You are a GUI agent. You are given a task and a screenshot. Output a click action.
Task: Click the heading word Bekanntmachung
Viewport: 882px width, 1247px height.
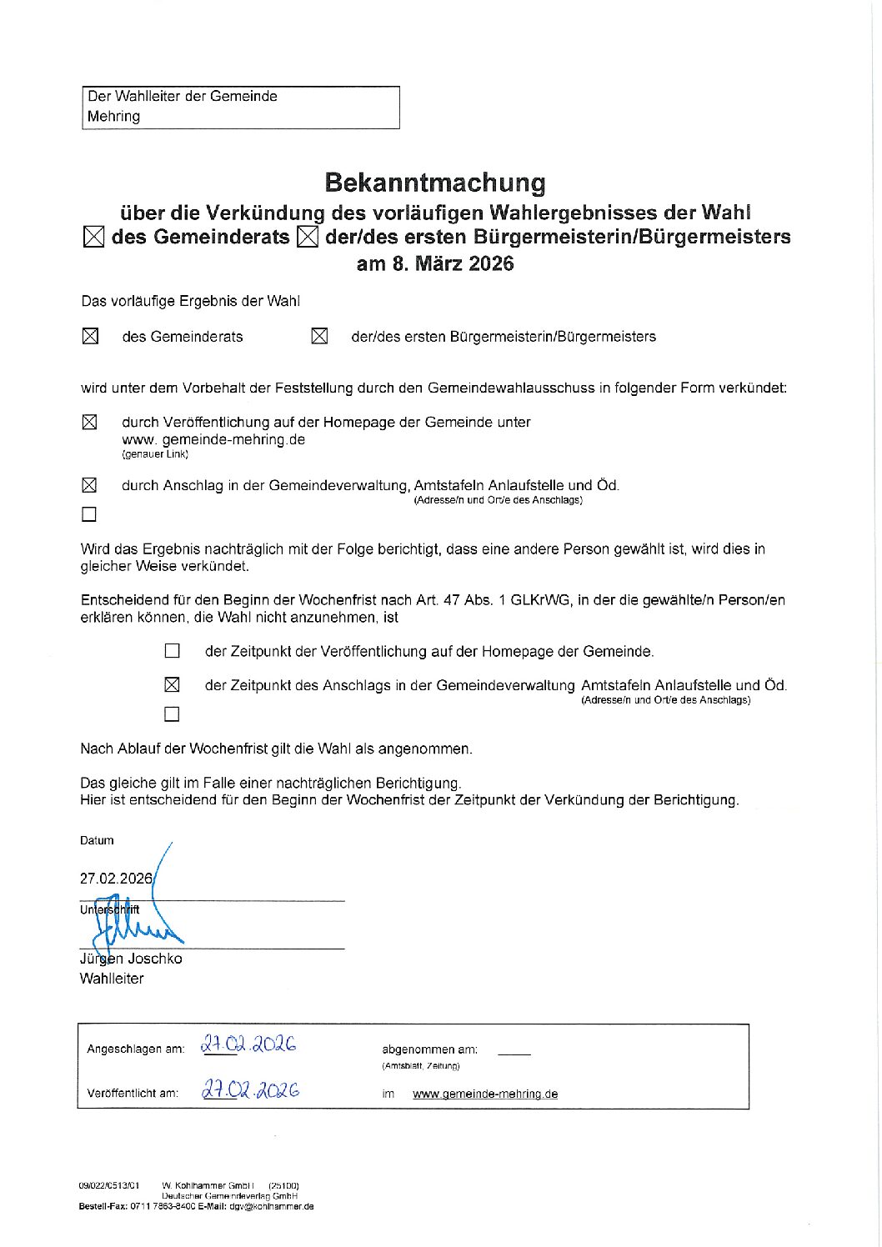pyautogui.click(x=434, y=183)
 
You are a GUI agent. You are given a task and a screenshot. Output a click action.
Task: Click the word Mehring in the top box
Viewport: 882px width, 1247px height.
pyautogui.click(x=113, y=117)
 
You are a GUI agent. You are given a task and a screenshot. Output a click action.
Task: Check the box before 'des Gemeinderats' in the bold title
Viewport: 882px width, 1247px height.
pyautogui.click(x=94, y=238)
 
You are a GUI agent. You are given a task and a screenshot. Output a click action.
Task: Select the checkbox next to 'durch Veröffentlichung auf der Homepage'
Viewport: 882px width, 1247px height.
pyautogui.click(x=90, y=423)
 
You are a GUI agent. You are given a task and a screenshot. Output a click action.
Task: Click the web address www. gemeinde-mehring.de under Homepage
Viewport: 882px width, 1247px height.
pyautogui.click(x=213, y=439)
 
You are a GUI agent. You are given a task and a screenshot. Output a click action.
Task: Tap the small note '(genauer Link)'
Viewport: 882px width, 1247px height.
pyautogui.click(x=155, y=454)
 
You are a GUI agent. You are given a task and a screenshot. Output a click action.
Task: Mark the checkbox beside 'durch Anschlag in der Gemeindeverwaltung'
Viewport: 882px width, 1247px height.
pyautogui.click(x=89, y=485)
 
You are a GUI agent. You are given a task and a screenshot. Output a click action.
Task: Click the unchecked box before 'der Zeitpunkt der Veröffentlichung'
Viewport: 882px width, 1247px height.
pyautogui.click(x=172, y=651)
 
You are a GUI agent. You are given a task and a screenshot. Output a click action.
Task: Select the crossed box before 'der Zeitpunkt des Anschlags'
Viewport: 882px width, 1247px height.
pyautogui.click(x=172, y=685)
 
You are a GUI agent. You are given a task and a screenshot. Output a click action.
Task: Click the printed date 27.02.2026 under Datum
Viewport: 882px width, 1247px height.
pyautogui.click(x=116, y=879)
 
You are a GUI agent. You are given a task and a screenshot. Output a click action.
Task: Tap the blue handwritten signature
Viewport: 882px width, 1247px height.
pyautogui.click(x=133, y=921)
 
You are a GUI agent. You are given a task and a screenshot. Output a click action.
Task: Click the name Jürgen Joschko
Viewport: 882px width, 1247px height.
pyautogui.click(x=131, y=959)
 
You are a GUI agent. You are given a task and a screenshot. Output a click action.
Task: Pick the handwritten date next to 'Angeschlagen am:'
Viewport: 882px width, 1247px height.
pyautogui.click(x=248, y=1045)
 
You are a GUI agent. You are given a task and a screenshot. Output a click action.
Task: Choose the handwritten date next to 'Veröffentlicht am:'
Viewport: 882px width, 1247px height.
pyautogui.click(x=250, y=1090)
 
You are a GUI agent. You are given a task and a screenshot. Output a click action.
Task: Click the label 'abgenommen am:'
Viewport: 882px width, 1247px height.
pyautogui.click(x=429, y=1049)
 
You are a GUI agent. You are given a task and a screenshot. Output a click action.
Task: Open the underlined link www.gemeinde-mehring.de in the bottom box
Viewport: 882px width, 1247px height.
pyautogui.click(x=485, y=1094)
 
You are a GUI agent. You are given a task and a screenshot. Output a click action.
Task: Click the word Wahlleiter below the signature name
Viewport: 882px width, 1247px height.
pyautogui.click(x=112, y=979)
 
